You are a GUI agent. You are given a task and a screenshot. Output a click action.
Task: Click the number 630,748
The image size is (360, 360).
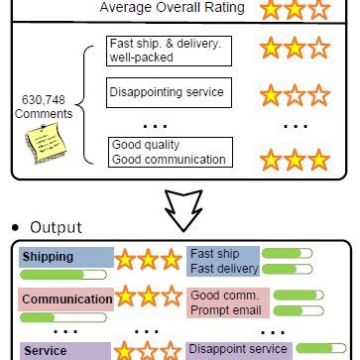41,100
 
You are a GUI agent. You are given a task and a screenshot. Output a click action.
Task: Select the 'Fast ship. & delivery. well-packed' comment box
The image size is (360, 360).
169,52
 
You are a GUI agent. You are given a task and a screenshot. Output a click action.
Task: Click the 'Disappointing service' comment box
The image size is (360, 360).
169,93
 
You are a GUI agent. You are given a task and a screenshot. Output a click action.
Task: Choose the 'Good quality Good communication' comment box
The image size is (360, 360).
169,152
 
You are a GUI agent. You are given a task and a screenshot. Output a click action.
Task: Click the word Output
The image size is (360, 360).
58,227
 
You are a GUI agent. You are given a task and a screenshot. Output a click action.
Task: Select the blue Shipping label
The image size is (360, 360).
64,257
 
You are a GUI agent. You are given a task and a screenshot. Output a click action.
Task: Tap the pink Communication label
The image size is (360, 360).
64,299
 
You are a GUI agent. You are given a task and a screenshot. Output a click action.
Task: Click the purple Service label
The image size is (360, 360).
64,350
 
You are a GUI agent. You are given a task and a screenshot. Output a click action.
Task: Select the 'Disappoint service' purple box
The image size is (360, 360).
238,349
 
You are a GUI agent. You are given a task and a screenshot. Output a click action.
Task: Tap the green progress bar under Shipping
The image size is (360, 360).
64,275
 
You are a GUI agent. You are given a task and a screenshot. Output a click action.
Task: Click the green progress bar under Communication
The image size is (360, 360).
64,316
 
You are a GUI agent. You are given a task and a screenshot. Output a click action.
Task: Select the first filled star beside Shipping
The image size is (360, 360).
126,261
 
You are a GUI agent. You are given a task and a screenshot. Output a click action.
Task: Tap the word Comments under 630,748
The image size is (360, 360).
41,114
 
